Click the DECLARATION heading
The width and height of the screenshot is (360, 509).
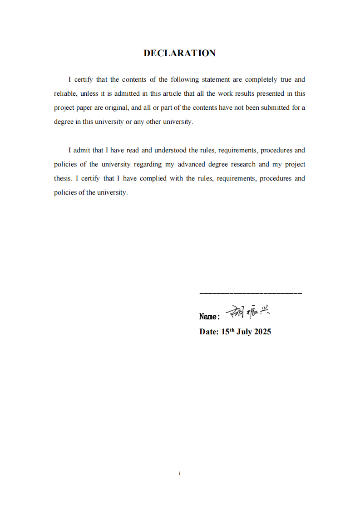coord(179,53)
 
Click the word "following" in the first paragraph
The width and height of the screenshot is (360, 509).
coord(185,79)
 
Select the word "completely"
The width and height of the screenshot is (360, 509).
coord(261,79)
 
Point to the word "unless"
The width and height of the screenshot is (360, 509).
coord(89,93)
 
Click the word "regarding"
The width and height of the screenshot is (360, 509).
coord(148,164)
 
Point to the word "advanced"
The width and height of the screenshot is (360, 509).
coord(191,164)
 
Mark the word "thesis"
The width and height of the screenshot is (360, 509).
coord(63,178)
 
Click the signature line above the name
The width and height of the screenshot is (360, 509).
coord(251,294)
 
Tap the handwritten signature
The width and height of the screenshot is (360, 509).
coord(247,312)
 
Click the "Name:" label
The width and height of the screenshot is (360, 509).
coord(210,317)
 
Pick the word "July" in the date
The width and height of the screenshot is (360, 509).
coord(244,332)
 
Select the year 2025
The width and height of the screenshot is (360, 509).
coord(262,332)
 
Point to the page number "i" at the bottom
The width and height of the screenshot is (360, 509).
coord(180,473)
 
